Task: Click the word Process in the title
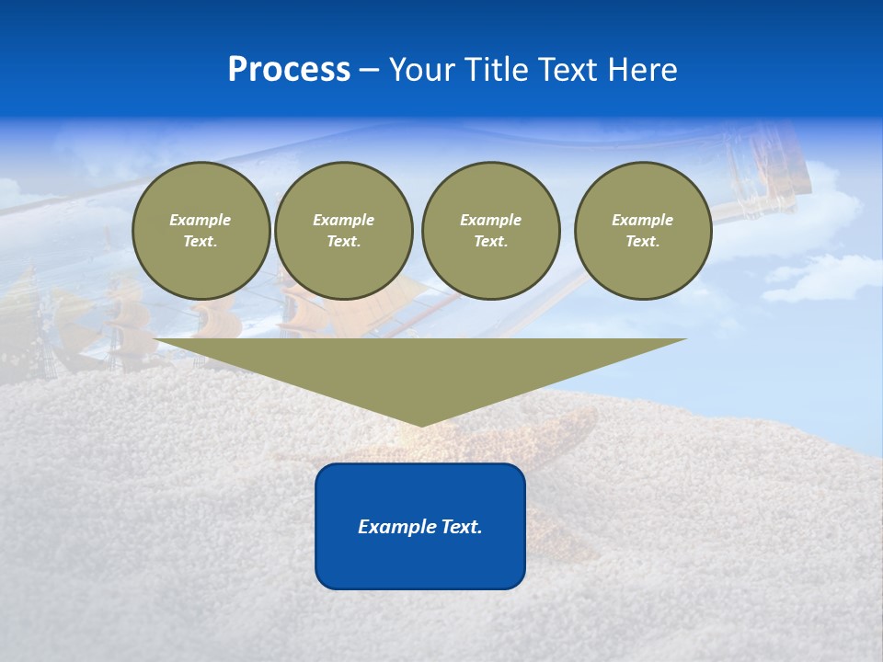289,70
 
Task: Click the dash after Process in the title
370,71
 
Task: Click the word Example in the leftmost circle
201,220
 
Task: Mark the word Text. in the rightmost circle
643,241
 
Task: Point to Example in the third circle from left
491,220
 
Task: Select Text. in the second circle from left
344,241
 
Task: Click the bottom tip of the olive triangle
421,425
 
